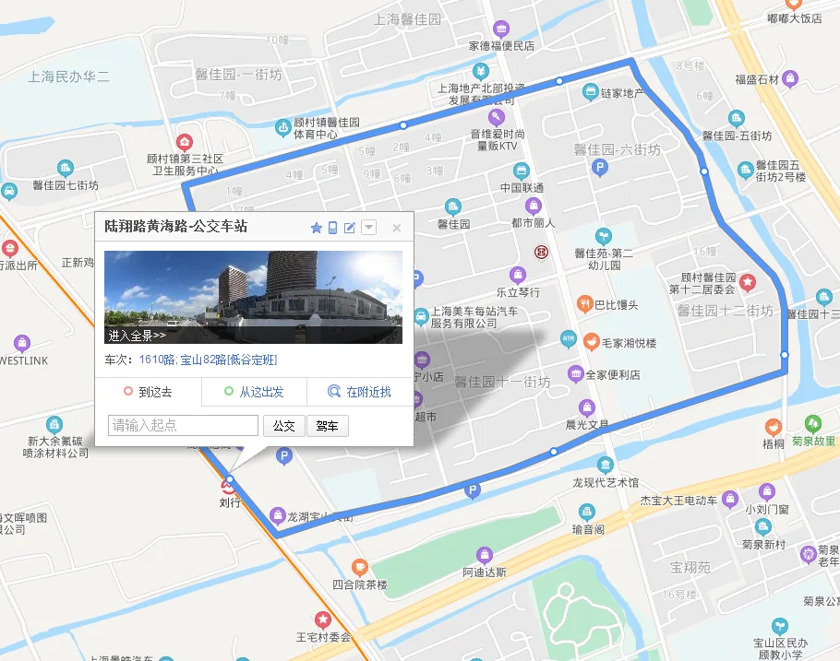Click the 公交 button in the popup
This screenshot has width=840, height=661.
(x=283, y=426)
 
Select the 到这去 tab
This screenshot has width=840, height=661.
(x=149, y=392)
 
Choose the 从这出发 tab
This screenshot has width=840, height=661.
(x=254, y=392)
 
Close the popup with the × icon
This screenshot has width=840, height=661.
(x=397, y=228)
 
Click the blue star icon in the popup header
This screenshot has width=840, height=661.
(x=316, y=228)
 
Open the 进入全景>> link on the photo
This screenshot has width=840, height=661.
(x=136, y=336)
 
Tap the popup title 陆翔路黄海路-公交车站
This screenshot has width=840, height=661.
(x=182, y=226)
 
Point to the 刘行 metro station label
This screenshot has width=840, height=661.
(x=229, y=503)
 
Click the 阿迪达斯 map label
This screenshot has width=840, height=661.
(x=485, y=572)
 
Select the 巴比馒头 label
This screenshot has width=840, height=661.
(x=616, y=305)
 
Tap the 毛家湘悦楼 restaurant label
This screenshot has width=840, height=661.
(x=628, y=343)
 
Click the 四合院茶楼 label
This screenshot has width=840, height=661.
(x=359, y=584)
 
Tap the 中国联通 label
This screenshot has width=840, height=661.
(x=522, y=188)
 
